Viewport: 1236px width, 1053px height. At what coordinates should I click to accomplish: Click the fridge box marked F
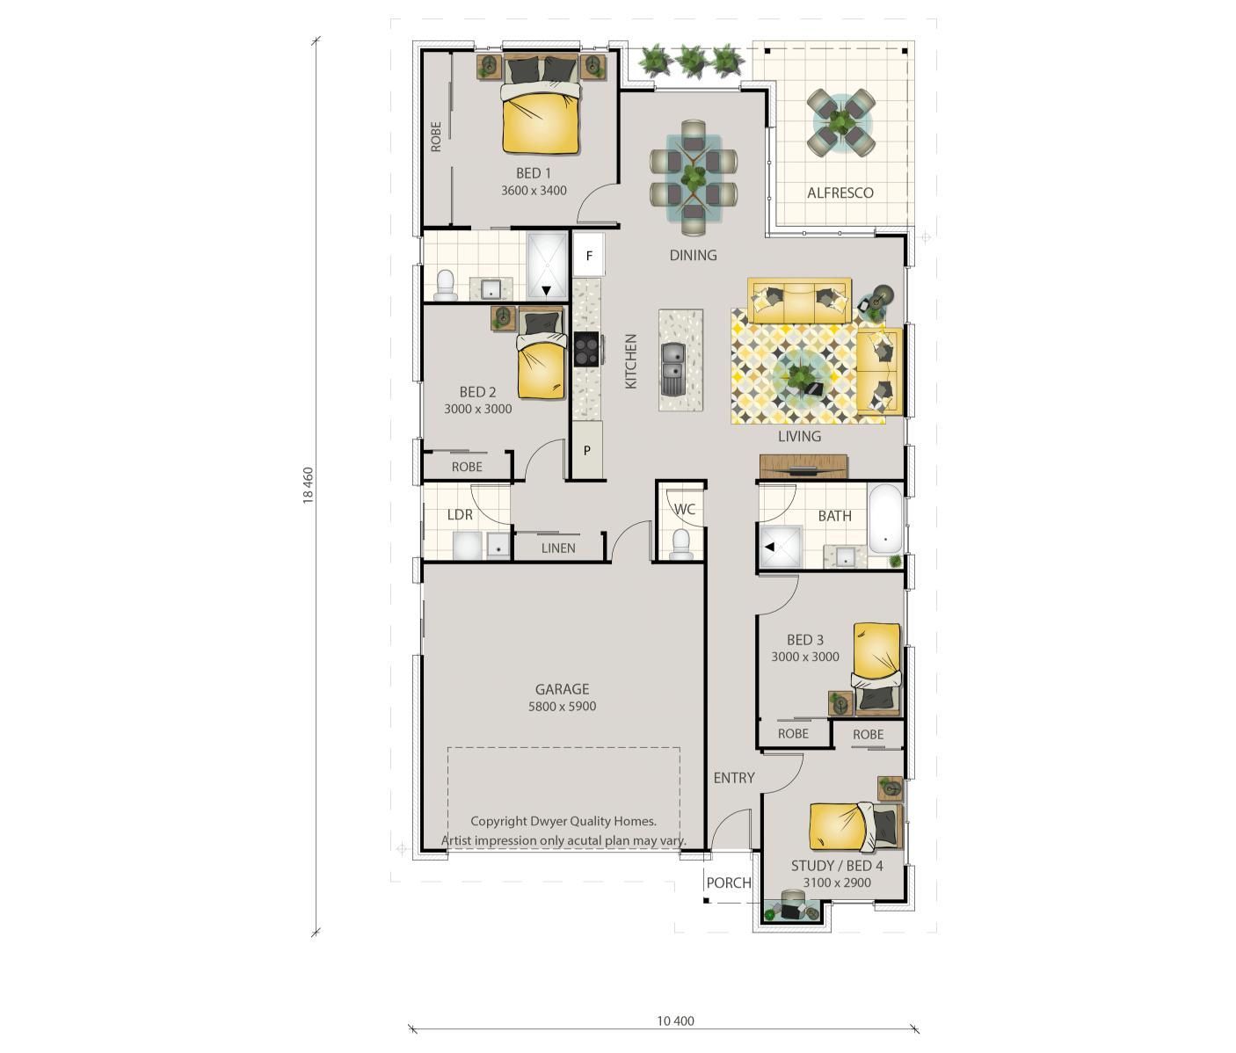(x=589, y=255)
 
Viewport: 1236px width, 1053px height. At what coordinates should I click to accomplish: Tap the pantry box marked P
(x=587, y=450)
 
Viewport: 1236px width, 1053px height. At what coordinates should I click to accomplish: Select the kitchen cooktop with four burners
(x=586, y=349)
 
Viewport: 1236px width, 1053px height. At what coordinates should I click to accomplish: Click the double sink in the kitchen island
(x=673, y=369)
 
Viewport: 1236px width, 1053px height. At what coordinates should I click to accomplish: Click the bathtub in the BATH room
(x=885, y=519)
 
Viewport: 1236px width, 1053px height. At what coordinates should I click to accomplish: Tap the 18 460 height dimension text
(x=308, y=485)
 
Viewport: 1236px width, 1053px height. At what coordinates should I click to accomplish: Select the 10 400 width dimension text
(x=676, y=1020)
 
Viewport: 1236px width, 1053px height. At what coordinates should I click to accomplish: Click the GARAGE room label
(x=562, y=689)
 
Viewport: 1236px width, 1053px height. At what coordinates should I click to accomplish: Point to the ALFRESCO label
(x=840, y=192)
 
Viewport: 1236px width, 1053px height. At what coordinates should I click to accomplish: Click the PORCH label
(x=729, y=882)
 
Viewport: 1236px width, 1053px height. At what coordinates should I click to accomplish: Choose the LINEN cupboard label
(x=558, y=548)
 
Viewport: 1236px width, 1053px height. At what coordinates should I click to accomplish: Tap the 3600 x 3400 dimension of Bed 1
(x=534, y=191)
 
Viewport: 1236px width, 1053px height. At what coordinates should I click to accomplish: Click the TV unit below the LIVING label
(x=803, y=467)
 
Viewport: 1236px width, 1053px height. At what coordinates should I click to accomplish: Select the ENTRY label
(x=734, y=777)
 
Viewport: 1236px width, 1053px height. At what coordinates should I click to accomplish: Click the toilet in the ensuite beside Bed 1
(x=446, y=286)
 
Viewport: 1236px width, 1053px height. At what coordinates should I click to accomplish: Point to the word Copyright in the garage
(x=498, y=822)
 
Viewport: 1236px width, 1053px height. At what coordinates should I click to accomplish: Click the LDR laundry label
(x=460, y=514)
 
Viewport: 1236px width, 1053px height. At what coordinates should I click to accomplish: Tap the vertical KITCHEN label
(x=631, y=361)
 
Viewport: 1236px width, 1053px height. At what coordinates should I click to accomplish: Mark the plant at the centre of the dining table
(x=694, y=177)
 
